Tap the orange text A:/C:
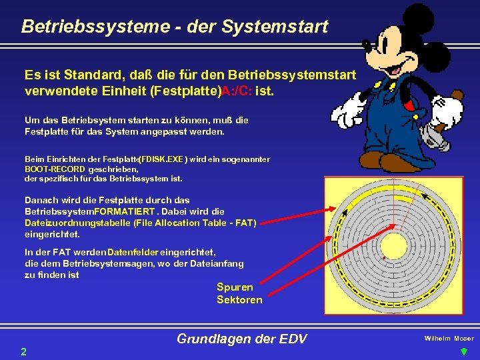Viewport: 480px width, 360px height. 241,90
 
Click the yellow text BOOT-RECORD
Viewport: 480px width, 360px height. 55,169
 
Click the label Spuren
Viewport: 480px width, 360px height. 235,287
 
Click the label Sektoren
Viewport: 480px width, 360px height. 239,300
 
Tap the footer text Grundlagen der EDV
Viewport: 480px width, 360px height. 241,339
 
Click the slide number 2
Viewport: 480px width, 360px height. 23,351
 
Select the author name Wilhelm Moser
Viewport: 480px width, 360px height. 449,339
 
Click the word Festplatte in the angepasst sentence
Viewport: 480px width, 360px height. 47,132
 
